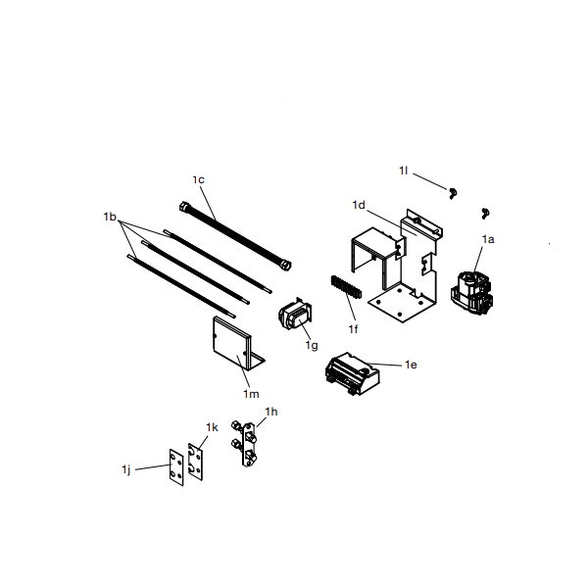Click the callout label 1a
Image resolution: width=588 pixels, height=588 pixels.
[x=488, y=238]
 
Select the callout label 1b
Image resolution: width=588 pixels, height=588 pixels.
[x=110, y=215]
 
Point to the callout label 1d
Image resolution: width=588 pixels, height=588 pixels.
[x=359, y=205]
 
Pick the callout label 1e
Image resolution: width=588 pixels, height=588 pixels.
[x=412, y=365]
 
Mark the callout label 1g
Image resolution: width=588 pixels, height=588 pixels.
[x=312, y=345]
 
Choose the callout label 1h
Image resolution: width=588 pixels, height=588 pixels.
[x=271, y=412]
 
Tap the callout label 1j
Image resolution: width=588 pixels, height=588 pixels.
[x=126, y=470]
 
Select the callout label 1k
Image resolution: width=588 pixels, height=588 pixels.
[x=212, y=428]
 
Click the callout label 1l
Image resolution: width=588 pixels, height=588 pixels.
[x=403, y=171]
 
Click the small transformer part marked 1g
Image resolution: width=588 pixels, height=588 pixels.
[x=294, y=318]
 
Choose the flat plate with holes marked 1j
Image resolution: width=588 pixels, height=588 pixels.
[x=176, y=467]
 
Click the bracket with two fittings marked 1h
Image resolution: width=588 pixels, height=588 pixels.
[x=246, y=443]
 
